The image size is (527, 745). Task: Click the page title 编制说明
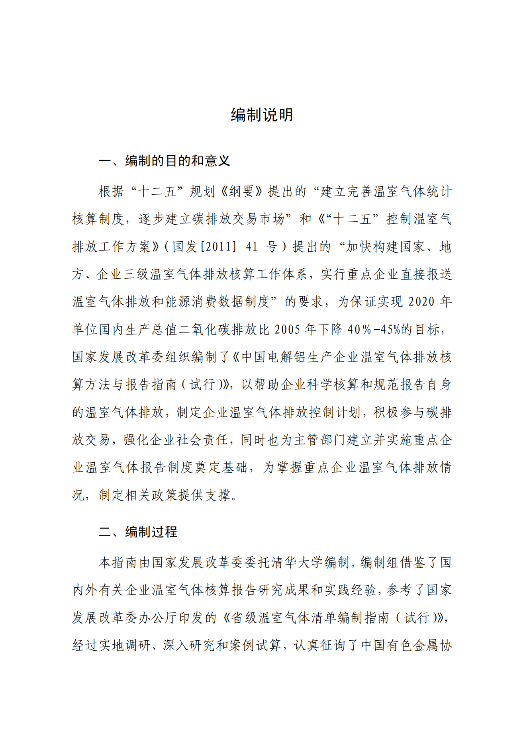coord(262,115)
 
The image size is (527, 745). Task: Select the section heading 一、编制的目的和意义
coord(164,161)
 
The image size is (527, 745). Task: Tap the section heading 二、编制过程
coord(138,532)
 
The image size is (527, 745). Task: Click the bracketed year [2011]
coord(218,247)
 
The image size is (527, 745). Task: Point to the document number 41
coord(252,247)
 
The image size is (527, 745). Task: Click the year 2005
coord(287,330)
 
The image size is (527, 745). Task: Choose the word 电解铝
coord(280,357)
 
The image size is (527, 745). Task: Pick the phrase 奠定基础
coord(221,467)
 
